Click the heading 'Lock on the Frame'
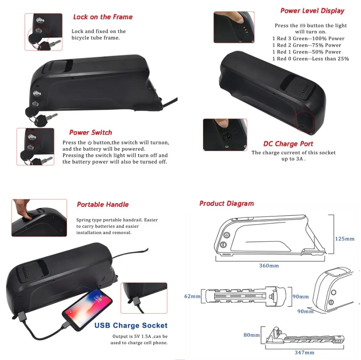pyautogui.click(x=103, y=17)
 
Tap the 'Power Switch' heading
pyautogui.click(x=90, y=132)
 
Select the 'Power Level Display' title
pyautogui.click(x=312, y=11)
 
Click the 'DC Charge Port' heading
pyautogui.click(x=288, y=144)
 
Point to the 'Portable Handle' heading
pyautogui.click(x=103, y=204)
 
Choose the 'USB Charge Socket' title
pyautogui.click(x=131, y=325)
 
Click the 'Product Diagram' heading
pyautogui.click(x=226, y=204)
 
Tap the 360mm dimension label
pyautogui.click(x=269, y=265)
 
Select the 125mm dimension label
pyautogui.click(x=345, y=239)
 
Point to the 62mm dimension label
pyautogui.click(x=193, y=296)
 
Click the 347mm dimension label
pyautogui.click(x=304, y=353)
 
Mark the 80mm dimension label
pyautogui.click(x=252, y=335)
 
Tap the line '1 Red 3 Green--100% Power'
pyautogui.click(x=308, y=39)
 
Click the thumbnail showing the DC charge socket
pyautogui.click(x=225, y=135)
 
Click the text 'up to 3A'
pyautogui.click(x=293, y=159)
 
